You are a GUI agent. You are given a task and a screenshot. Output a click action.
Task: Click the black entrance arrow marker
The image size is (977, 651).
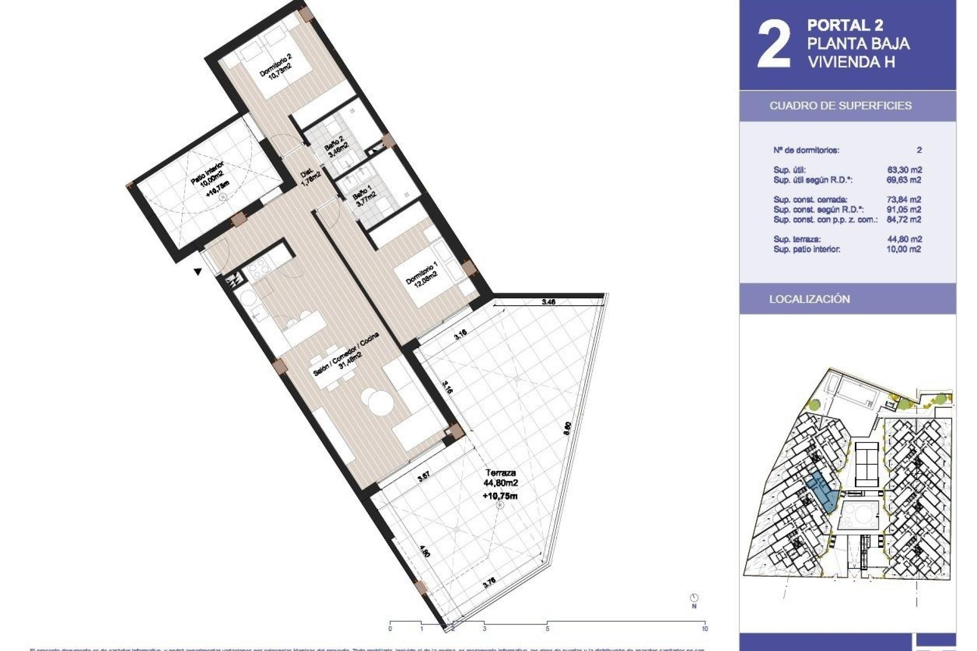tap(197, 272)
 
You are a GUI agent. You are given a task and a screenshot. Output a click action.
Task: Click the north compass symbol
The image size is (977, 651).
tap(694, 598)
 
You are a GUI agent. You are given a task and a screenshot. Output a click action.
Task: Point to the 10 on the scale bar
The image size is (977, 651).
tap(705, 629)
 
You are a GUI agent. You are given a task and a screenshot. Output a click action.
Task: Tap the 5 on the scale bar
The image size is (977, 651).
tap(548, 629)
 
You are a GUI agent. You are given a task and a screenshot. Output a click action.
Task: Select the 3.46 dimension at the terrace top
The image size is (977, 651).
tap(549, 302)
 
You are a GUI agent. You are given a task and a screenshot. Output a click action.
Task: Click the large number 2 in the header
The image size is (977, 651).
tap(774, 45)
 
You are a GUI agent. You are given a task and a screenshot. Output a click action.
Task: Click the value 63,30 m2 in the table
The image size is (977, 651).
tap(904, 170)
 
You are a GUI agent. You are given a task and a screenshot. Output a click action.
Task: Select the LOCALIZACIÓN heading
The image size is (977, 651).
tap(809, 299)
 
